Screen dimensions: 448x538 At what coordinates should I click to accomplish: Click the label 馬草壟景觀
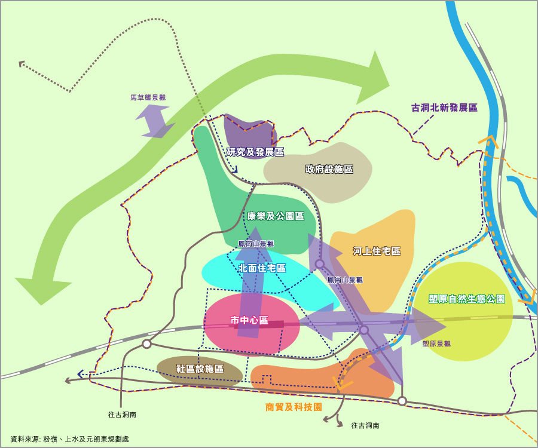(148, 97)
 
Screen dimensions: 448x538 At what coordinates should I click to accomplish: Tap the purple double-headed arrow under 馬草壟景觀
(155, 121)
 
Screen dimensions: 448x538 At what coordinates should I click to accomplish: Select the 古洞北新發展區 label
(444, 108)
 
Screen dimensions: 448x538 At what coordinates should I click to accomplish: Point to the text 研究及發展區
(255, 152)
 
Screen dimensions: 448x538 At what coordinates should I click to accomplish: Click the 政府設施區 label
(329, 169)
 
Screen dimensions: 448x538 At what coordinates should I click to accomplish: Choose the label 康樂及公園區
(276, 216)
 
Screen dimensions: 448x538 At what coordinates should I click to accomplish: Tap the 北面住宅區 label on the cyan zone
(262, 268)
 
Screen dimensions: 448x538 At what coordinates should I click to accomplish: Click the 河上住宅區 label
(377, 251)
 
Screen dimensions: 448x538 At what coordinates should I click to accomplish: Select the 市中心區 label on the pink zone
(249, 321)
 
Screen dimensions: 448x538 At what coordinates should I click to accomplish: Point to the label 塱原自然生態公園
(467, 299)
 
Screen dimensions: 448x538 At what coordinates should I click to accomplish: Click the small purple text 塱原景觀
(436, 343)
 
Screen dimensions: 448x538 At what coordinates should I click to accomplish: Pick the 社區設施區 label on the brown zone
(200, 369)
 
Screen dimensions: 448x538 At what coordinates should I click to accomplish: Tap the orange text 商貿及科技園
(294, 407)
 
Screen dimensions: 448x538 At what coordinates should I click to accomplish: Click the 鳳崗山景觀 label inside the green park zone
(256, 244)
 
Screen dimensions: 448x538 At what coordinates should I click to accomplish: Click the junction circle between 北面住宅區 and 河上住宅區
(320, 263)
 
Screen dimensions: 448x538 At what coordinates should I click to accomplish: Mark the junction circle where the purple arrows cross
(363, 330)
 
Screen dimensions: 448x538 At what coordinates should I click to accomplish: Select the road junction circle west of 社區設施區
(146, 344)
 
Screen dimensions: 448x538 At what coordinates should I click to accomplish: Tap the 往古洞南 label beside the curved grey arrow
(365, 426)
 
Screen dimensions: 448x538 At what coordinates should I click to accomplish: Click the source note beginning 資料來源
(69, 439)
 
